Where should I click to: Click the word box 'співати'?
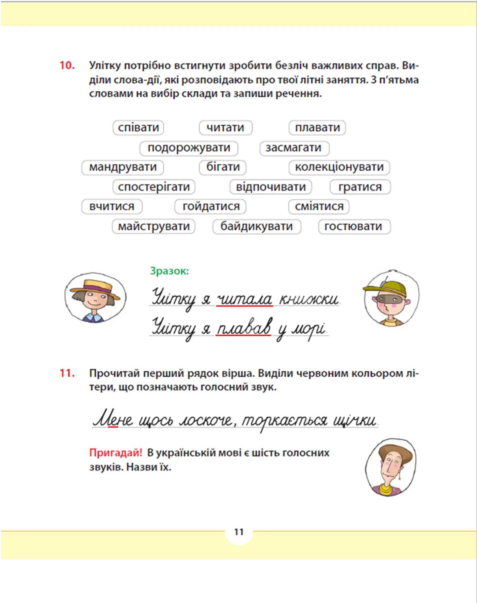click(x=138, y=128)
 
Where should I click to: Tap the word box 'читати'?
click(x=225, y=128)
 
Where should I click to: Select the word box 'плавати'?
click(x=317, y=128)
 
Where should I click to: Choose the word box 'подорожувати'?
click(x=189, y=148)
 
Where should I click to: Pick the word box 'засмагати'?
click(x=294, y=148)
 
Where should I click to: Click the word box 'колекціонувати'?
click(x=339, y=167)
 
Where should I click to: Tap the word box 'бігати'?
click(x=223, y=167)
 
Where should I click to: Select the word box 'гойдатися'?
click(x=211, y=207)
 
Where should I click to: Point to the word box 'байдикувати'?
click(x=256, y=226)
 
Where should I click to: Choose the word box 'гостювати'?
click(x=354, y=226)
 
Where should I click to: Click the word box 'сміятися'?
click(x=319, y=207)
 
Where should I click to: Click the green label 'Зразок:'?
click(x=169, y=271)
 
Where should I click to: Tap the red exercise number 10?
click(x=67, y=66)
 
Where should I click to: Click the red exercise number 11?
click(x=67, y=373)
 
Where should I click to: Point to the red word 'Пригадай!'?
click(x=116, y=453)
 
